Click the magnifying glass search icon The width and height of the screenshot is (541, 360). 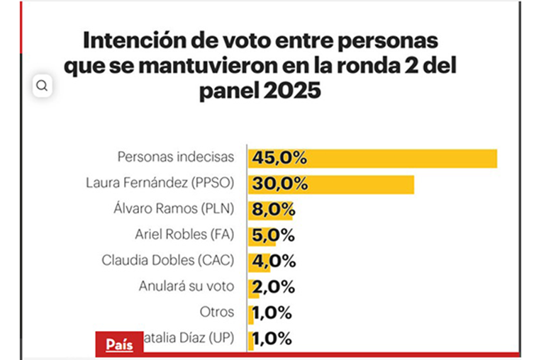coord(42,86)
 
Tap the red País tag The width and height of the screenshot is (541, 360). coord(119,344)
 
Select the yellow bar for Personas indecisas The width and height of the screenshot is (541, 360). coord(372,158)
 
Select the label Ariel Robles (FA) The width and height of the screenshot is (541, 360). coord(189,235)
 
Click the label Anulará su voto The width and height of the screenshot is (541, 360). coord(191,286)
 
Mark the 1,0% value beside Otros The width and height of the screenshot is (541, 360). coord(272,313)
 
